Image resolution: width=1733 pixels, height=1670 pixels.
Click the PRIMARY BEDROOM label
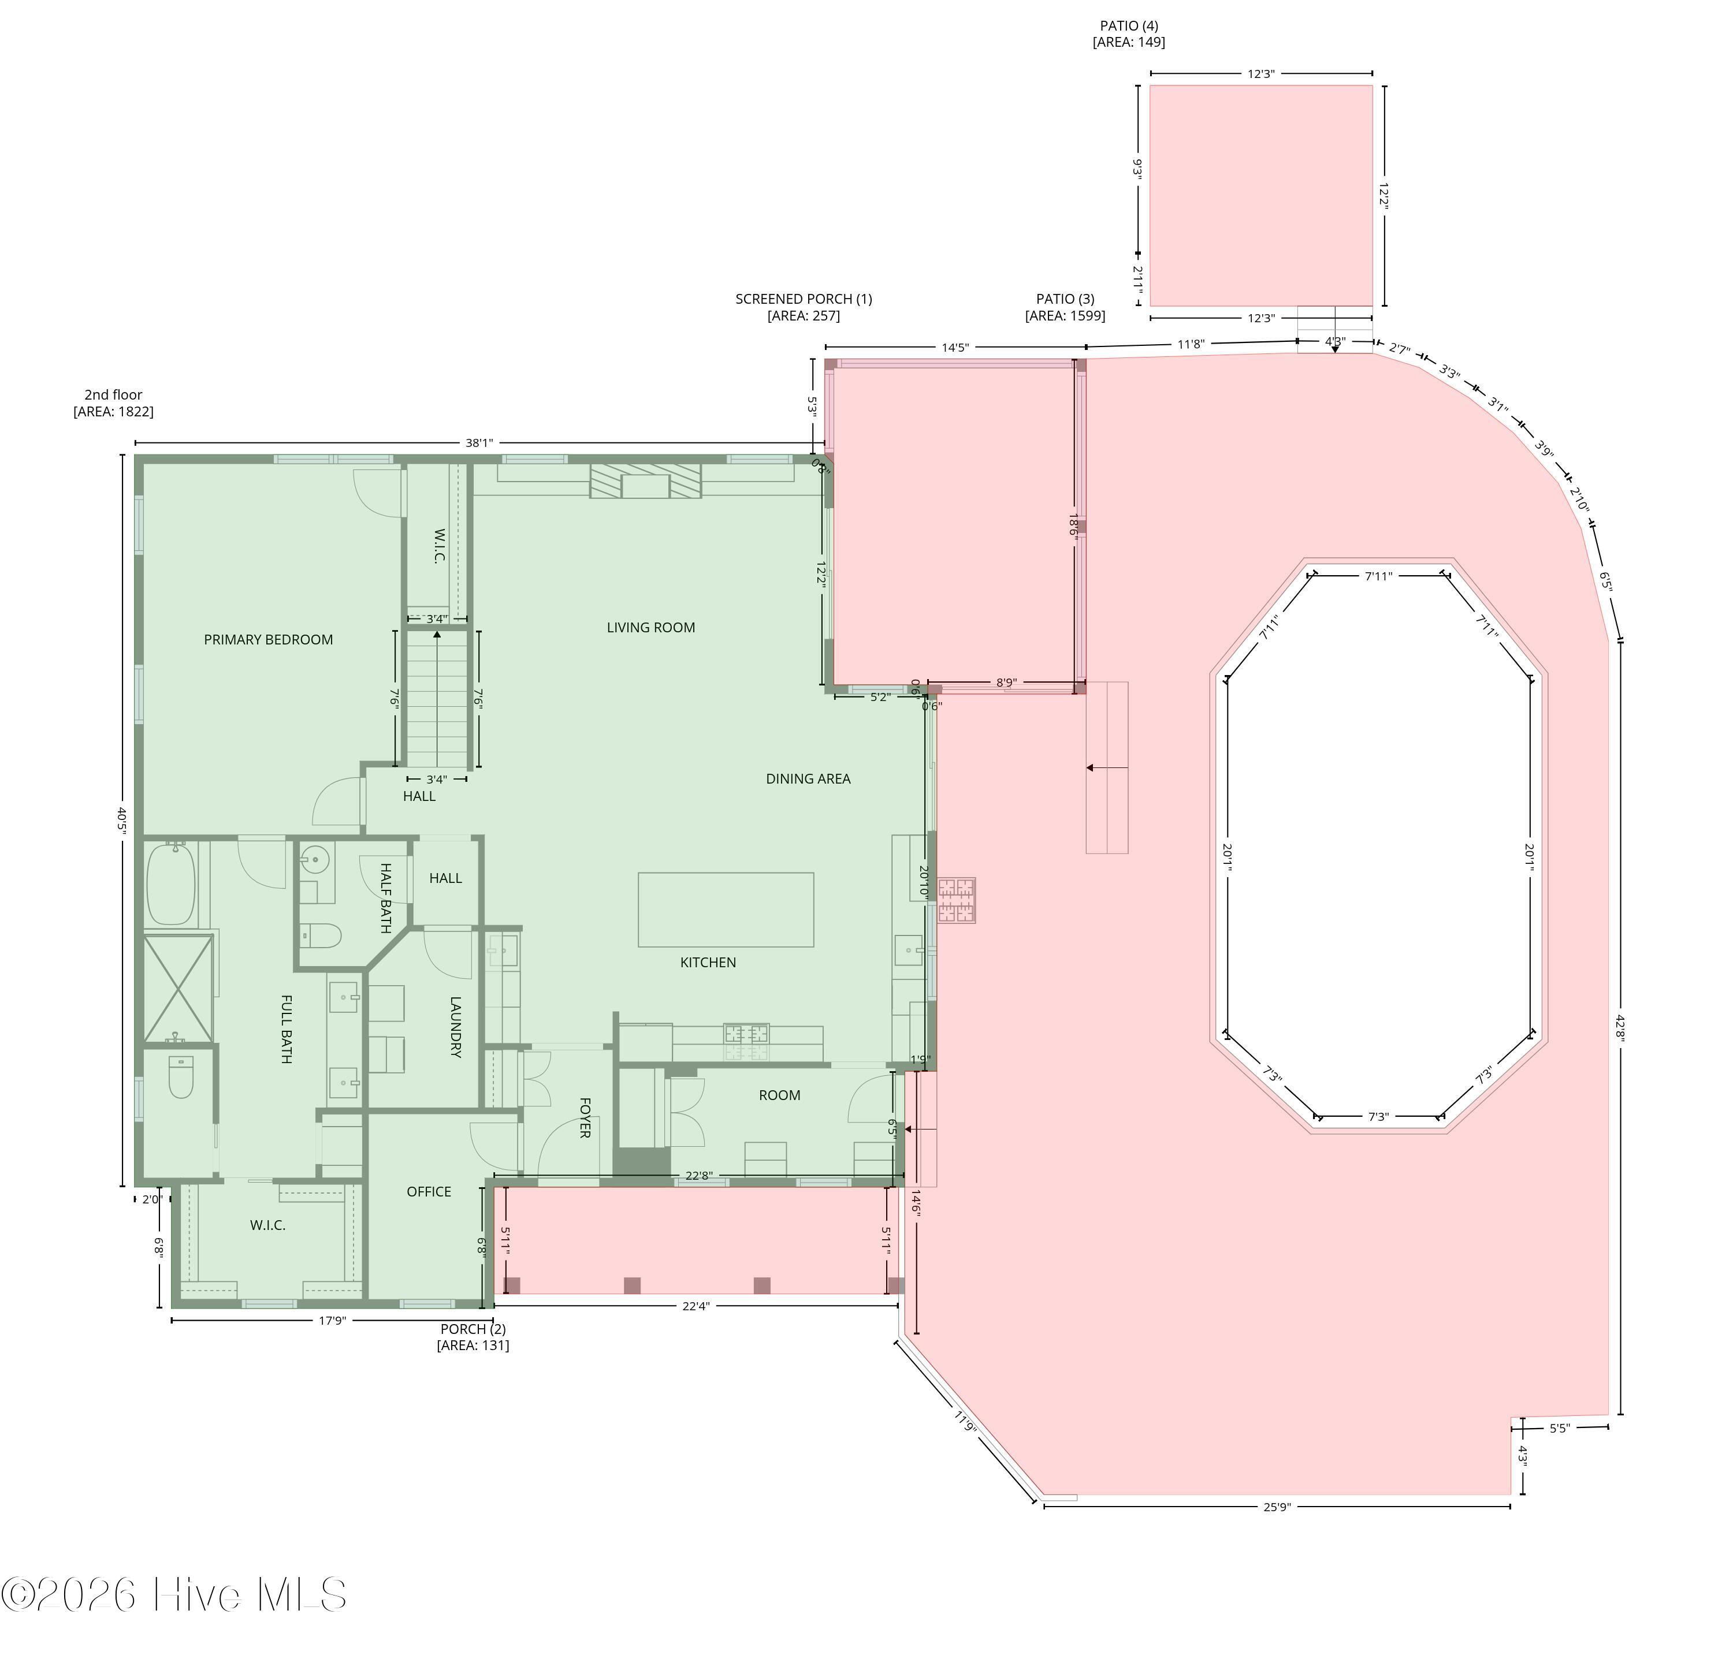[x=268, y=640]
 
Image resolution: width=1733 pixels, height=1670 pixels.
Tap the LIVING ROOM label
[x=651, y=628]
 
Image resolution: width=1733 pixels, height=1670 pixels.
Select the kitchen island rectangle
[x=726, y=909]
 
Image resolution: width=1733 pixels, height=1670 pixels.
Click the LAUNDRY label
[x=455, y=1027]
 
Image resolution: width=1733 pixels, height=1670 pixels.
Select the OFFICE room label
[x=429, y=1192]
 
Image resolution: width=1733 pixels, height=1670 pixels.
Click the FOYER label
[x=585, y=1117]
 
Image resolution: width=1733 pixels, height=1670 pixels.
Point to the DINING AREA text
[x=808, y=779]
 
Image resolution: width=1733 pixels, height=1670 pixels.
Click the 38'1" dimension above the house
[x=479, y=443]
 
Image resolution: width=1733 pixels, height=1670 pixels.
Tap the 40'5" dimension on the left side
[x=123, y=821]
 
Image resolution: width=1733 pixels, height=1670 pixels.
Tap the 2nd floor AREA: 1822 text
[x=113, y=403]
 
